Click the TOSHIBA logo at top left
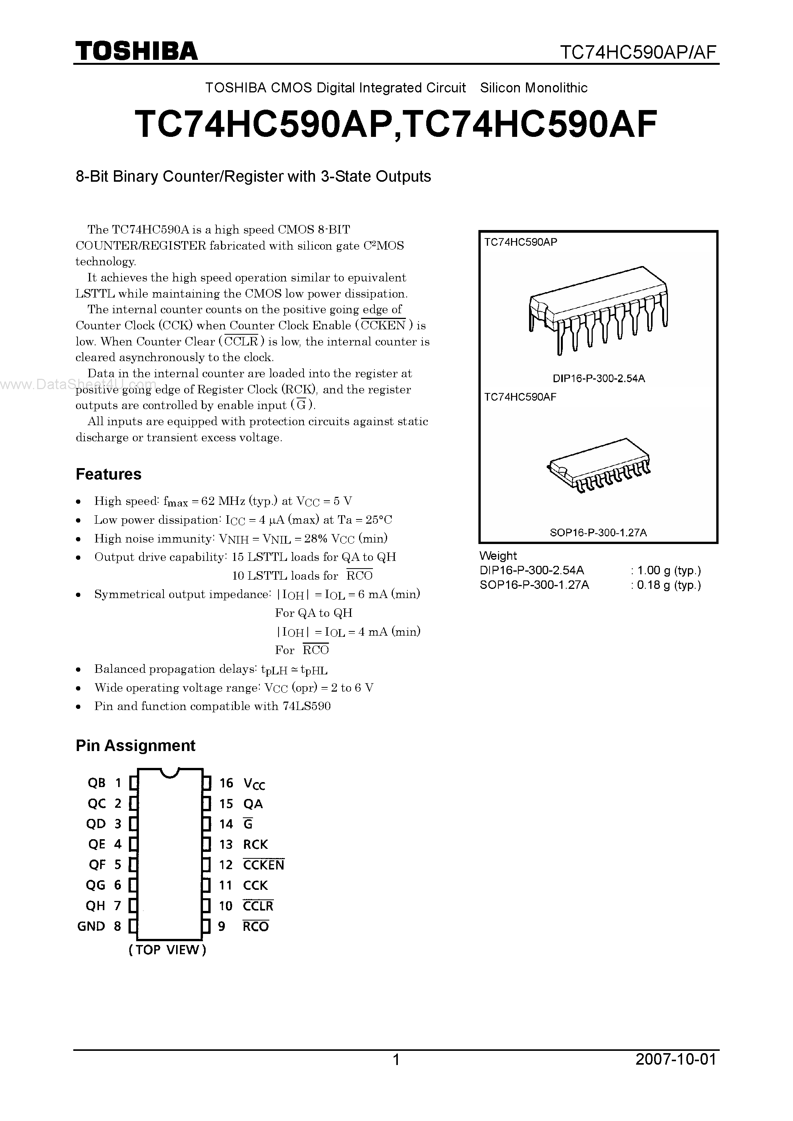(136, 51)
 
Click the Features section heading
(109, 474)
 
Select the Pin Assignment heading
(135, 746)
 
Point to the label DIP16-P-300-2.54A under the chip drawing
(598, 378)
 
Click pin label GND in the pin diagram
(91, 926)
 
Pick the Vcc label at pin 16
(254, 784)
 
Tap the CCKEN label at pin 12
(263, 865)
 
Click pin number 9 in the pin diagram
(222, 926)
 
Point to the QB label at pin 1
(96, 782)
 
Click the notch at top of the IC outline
(170, 773)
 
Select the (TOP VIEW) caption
(168, 950)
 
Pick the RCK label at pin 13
(256, 844)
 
